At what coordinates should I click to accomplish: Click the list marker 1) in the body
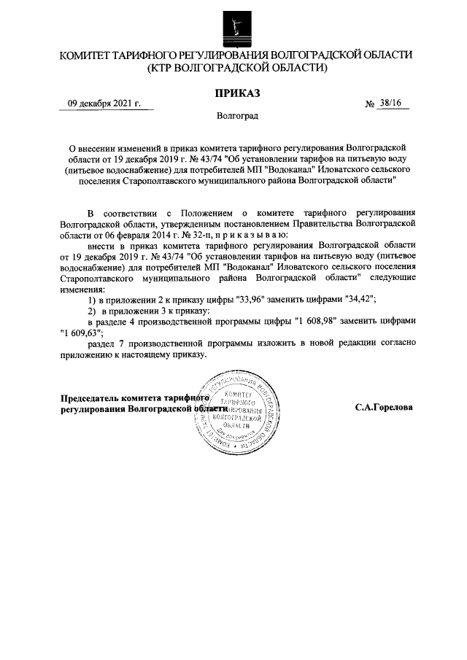coord(92,300)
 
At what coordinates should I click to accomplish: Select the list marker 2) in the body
coord(92,311)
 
